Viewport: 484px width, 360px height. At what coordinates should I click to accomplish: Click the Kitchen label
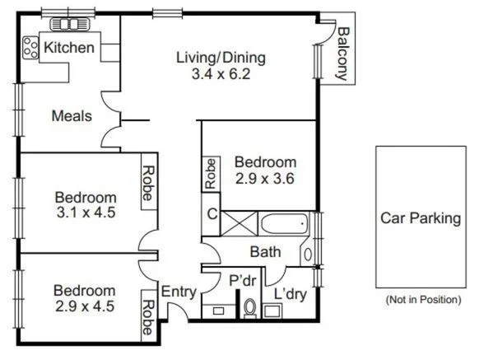[x=69, y=49]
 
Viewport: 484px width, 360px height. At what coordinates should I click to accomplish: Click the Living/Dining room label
[x=221, y=58]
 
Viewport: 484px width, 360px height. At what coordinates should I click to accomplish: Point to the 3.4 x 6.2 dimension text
[x=221, y=73]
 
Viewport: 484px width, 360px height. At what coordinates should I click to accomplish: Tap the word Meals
[x=72, y=116]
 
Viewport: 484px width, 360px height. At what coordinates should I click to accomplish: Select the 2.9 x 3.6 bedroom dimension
[x=264, y=177]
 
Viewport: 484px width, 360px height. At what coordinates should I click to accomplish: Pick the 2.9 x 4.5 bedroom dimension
[x=84, y=306]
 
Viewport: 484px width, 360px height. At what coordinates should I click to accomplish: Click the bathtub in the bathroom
[x=283, y=223]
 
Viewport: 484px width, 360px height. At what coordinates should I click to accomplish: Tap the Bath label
[x=266, y=252]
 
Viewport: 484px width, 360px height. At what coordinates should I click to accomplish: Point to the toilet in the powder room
[x=250, y=308]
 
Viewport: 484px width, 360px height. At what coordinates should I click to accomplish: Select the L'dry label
[x=290, y=293]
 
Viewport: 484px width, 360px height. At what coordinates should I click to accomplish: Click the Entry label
[x=178, y=292]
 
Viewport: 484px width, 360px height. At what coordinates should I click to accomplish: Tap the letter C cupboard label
[x=212, y=216]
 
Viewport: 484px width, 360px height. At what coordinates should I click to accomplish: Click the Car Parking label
[x=420, y=217]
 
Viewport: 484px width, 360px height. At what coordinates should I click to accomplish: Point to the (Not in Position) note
[x=423, y=299]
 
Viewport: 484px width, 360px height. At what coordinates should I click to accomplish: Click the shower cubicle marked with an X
[x=240, y=223]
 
